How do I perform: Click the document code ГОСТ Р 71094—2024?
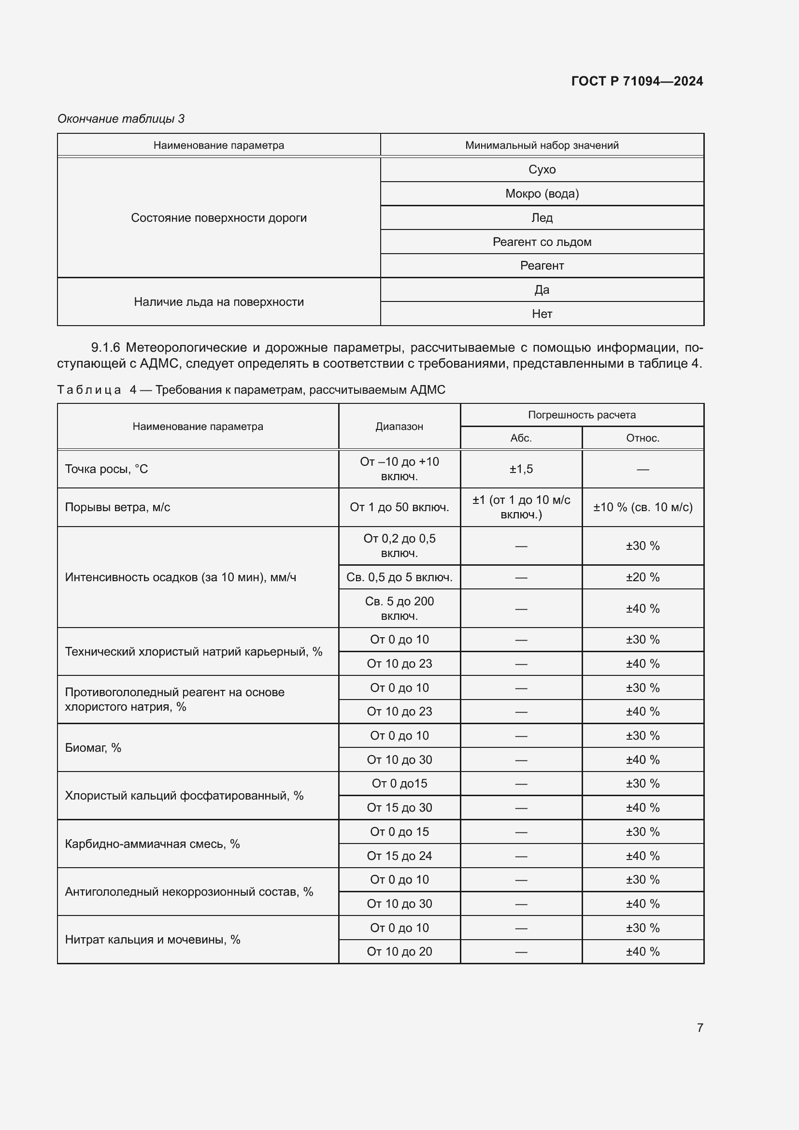[637, 81]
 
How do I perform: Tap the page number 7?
[699, 1028]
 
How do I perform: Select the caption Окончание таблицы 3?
[121, 119]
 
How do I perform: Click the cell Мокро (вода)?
[542, 193]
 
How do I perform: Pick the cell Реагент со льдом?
[542, 242]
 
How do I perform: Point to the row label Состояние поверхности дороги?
[218, 217]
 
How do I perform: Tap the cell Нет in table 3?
[542, 314]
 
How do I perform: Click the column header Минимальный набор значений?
[542, 145]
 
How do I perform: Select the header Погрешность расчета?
[582, 415]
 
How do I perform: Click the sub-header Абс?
[521, 438]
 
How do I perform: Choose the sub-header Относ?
[642, 438]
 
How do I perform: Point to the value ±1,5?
[521, 469]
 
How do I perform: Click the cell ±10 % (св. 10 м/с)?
[642, 507]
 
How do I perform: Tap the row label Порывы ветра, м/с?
[117, 507]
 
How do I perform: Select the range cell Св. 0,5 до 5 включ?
[399, 577]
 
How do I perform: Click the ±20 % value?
[642, 577]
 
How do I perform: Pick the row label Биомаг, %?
[93, 747]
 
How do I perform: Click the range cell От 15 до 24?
[399, 856]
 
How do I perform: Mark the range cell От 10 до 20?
[399, 951]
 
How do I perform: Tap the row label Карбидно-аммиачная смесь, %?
[153, 844]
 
